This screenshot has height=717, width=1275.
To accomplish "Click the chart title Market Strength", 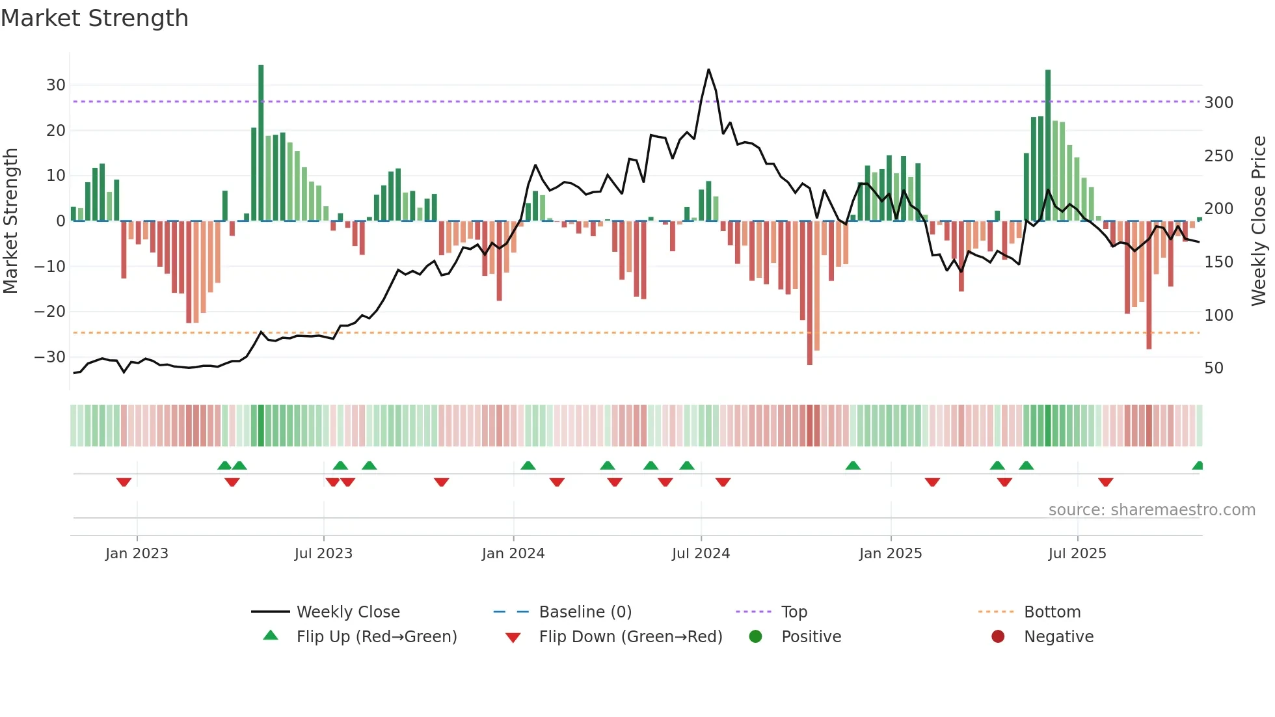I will (94, 18).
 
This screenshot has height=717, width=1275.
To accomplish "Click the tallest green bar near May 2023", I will (261, 143).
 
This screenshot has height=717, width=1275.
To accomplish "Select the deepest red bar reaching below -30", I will (810, 293).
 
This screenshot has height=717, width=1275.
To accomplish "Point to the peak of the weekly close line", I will (708, 70).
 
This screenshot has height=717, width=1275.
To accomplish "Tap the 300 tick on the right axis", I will (1218, 103).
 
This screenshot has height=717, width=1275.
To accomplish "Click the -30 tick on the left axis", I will (50, 357).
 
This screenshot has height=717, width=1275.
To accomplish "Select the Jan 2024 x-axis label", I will (513, 554).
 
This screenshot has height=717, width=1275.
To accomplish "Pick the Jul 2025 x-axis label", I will (1077, 554).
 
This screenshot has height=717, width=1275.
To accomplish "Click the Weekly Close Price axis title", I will (1259, 221).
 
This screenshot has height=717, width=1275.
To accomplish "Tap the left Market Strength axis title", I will (11, 221).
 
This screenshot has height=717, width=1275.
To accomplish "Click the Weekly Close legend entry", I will (348, 612).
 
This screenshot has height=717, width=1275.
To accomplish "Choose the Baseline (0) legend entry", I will (585, 612).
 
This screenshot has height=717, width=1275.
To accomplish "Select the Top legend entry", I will (794, 612).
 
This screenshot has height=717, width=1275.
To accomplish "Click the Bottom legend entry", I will (1052, 612).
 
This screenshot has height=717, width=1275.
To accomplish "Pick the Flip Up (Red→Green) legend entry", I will (376, 637).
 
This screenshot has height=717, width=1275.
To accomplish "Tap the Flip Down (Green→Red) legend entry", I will (630, 637).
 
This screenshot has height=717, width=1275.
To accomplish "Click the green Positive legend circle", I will (755, 637).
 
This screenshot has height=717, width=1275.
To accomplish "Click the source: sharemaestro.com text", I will (1151, 510).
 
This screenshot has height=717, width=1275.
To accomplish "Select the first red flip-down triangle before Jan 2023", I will (124, 482).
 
